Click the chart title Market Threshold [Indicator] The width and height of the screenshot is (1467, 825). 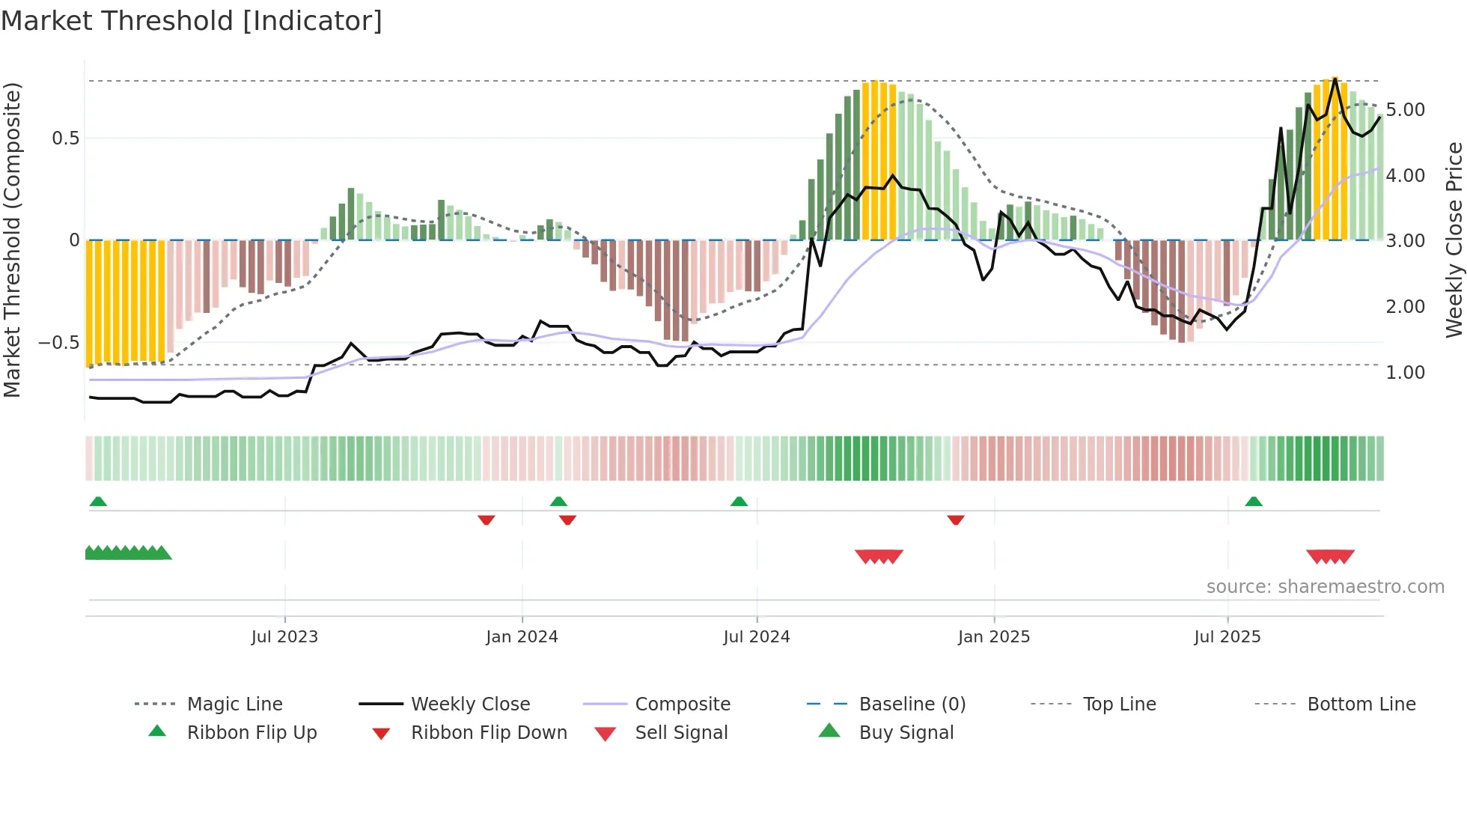[x=192, y=21]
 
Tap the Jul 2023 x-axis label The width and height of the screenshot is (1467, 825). [x=284, y=636]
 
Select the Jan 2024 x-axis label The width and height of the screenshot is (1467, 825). [x=522, y=636]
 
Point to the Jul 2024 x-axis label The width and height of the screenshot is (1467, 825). [x=757, y=636]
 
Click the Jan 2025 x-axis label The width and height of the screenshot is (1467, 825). [x=994, y=636]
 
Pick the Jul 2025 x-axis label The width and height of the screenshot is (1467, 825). [x=1227, y=636]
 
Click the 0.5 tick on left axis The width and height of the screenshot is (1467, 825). [x=66, y=138]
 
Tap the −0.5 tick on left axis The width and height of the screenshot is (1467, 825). [x=59, y=343]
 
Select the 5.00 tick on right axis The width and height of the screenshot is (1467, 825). [x=1406, y=110]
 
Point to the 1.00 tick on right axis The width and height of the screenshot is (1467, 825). [x=1406, y=373]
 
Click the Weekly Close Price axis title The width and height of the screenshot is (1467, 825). [x=1454, y=240]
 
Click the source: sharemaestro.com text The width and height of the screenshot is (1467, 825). [x=1325, y=586]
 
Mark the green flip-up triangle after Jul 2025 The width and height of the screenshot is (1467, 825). [x=1254, y=502]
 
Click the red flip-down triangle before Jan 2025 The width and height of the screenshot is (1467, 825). [x=956, y=520]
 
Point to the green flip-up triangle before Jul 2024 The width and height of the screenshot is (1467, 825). [x=739, y=502]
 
